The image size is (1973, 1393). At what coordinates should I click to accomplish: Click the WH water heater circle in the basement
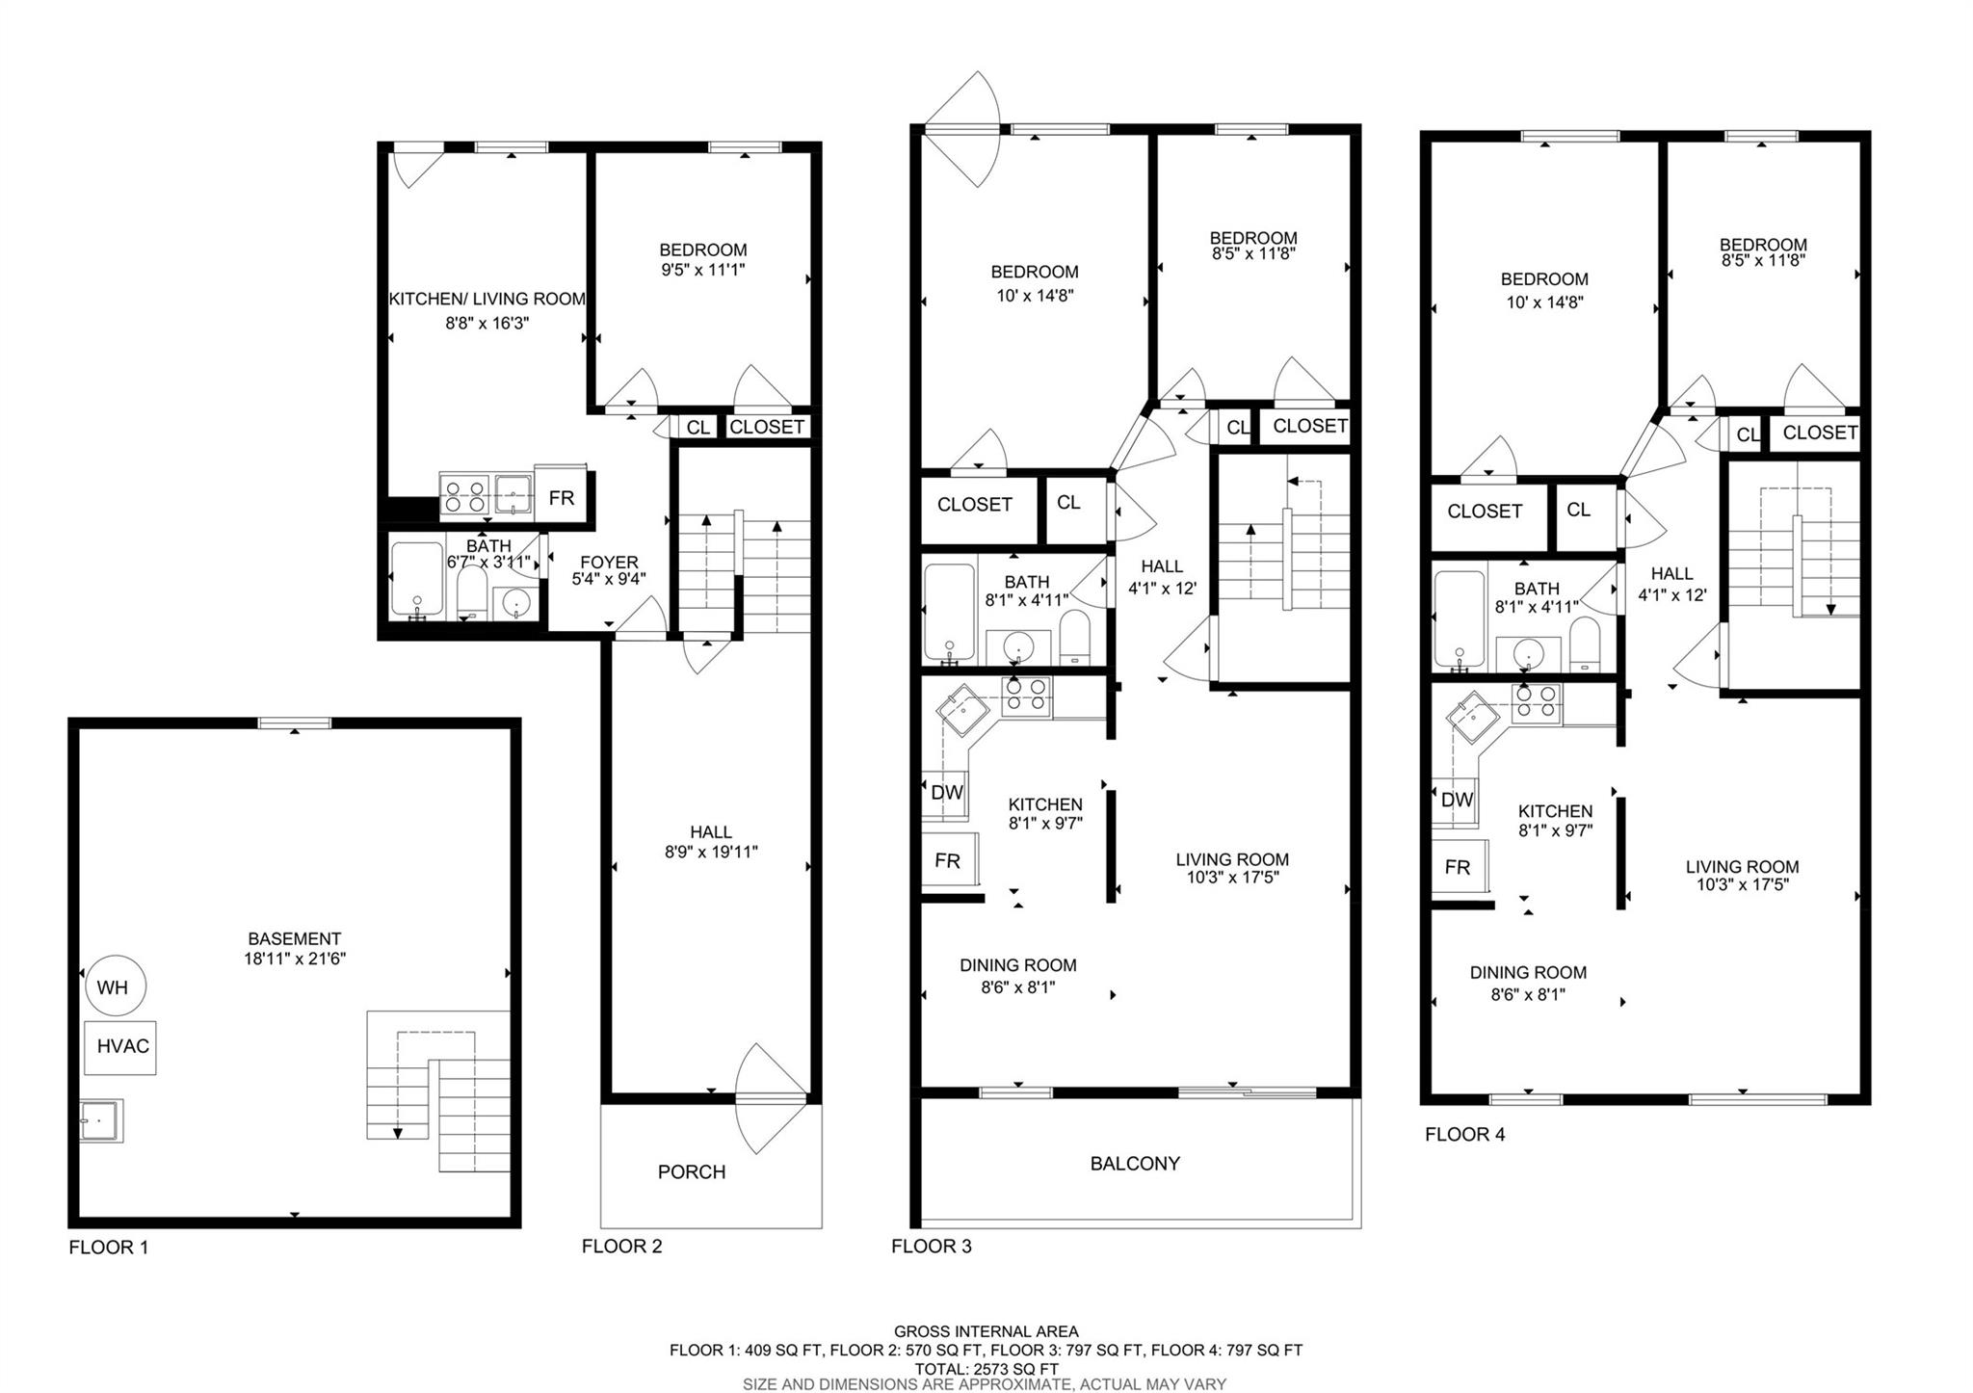coord(113,986)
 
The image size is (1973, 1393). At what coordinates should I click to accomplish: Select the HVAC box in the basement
coord(120,1046)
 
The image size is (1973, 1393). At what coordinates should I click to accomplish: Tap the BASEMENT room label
coord(294,938)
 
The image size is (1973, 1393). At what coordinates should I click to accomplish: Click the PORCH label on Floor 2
coord(691,1171)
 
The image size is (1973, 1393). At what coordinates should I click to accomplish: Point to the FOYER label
coord(609,562)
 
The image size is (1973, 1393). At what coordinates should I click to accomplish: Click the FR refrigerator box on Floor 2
coord(562,497)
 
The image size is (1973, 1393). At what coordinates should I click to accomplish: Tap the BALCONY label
coord(1134,1163)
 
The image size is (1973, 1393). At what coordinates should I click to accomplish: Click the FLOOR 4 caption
coord(1464,1134)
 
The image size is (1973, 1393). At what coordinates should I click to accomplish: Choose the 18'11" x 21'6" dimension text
coord(294,959)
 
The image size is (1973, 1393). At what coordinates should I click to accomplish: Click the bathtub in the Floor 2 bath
coord(416,580)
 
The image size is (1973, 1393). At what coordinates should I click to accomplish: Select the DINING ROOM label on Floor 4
coord(1527,972)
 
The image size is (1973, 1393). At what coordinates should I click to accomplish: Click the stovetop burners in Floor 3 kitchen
coord(1026,696)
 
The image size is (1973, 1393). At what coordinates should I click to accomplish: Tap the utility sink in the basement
coord(99,1120)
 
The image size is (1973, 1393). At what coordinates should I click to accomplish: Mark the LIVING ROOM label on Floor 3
coord(1231,859)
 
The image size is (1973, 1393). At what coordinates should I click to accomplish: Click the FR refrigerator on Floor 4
coord(1457,867)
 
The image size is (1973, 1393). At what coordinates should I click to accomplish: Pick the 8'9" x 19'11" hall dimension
coord(711,852)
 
